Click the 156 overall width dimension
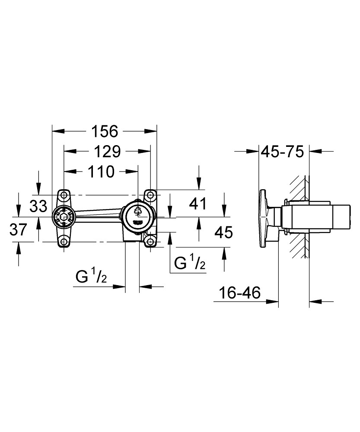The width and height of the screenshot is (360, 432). (104, 130)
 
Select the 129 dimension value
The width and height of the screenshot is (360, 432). (107, 151)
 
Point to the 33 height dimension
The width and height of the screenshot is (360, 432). (38, 206)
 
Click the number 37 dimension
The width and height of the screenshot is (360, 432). (19, 230)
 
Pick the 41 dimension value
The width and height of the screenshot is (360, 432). (199, 203)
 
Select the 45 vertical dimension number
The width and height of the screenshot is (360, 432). (223, 232)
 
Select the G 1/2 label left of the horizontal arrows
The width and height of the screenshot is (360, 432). (92, 276)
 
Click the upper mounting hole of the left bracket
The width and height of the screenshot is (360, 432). (64, 195)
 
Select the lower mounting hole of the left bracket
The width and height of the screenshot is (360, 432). (64, 241)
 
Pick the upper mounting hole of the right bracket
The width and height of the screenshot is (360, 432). (150, 195)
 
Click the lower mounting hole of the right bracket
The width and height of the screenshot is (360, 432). (150, 241)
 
